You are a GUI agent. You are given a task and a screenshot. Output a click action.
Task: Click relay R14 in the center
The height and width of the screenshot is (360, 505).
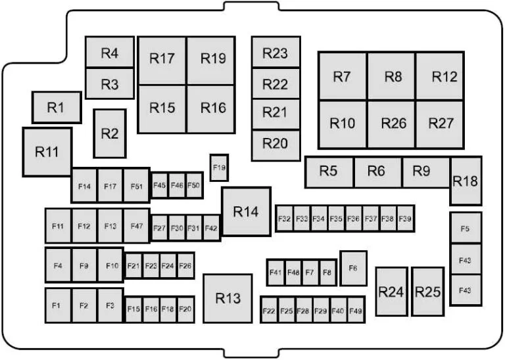247,212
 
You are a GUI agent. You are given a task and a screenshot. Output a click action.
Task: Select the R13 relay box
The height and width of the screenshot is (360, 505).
228,298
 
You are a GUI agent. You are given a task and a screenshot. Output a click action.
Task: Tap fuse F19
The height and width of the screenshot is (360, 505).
220,168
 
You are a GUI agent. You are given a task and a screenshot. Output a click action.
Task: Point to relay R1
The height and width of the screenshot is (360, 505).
57,108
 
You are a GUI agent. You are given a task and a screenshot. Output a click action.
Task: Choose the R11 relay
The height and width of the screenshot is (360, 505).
47,152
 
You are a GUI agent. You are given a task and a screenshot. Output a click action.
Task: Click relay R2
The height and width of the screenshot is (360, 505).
110,133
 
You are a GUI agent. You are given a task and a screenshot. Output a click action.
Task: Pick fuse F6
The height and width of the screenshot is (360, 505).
353,268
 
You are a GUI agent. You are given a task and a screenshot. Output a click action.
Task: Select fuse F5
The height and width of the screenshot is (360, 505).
466,228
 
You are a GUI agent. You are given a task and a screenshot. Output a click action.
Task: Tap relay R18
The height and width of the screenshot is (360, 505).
466,181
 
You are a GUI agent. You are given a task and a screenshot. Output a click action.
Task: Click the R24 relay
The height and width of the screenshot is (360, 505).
392,292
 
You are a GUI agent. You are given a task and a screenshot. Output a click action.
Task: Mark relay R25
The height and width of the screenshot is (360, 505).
428,292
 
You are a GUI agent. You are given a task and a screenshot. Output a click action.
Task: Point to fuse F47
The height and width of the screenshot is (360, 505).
137,226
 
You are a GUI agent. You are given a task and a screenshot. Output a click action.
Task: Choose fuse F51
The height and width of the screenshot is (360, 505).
137,186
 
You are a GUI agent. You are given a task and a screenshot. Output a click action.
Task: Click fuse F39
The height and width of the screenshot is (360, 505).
406,219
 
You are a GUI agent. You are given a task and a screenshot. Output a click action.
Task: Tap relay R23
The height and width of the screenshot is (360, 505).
276,52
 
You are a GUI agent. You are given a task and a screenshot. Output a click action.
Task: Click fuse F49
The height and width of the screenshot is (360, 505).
356,310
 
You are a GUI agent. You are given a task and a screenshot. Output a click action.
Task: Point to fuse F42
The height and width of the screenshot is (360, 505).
212,228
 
